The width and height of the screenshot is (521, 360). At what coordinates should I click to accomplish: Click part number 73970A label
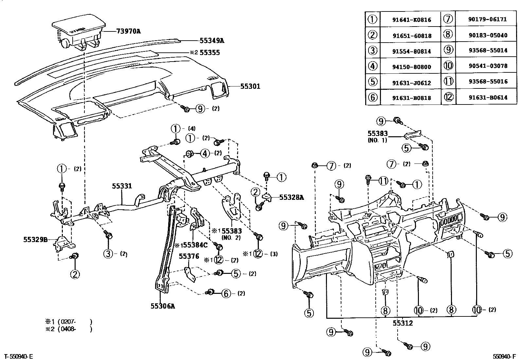(x=129, y=31)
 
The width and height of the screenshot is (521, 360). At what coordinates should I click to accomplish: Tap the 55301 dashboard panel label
(x=250, y=86)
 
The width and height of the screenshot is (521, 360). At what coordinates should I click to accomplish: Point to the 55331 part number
(x=122, y=186)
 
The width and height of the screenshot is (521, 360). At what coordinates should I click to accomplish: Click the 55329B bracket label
(x=35, y=239)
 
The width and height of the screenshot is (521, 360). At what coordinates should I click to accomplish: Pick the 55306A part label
(x=163, y=306)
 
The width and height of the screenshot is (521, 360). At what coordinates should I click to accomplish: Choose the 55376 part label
(x=189, y=256)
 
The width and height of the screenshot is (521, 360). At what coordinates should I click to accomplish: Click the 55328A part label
(x=292, y=197)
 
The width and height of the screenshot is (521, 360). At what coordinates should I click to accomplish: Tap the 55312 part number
(x=403, y=323)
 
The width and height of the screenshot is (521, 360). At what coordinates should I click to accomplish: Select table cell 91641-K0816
(x=411, y=20)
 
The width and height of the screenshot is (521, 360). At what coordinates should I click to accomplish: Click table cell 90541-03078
(x=488, y=66)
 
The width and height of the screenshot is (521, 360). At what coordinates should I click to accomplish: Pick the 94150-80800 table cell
(x=411, y=67)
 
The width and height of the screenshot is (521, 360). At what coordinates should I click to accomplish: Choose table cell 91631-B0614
(x=488, y=97)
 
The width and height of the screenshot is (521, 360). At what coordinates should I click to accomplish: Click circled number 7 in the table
(x=448, y=19)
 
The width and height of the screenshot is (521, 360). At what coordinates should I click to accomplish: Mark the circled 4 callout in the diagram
(x=205, y=153)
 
